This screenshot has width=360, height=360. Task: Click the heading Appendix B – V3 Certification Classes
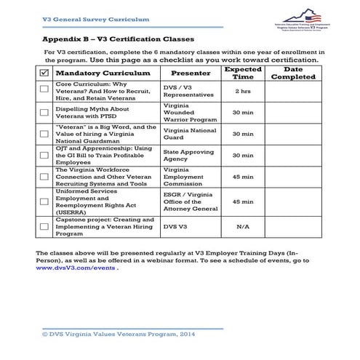coord(117,38)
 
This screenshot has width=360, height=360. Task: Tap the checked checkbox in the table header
coord(44,74)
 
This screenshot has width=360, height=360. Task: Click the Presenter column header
coord(190,74)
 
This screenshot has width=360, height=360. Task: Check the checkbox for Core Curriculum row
coord(44,92)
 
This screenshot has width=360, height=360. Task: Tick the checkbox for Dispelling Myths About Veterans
coord(44,113)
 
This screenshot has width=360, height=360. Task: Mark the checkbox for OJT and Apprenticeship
coord(44,156)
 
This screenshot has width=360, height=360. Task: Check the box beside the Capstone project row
coord(44,226)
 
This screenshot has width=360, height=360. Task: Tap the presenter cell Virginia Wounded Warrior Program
coord(190,113)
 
